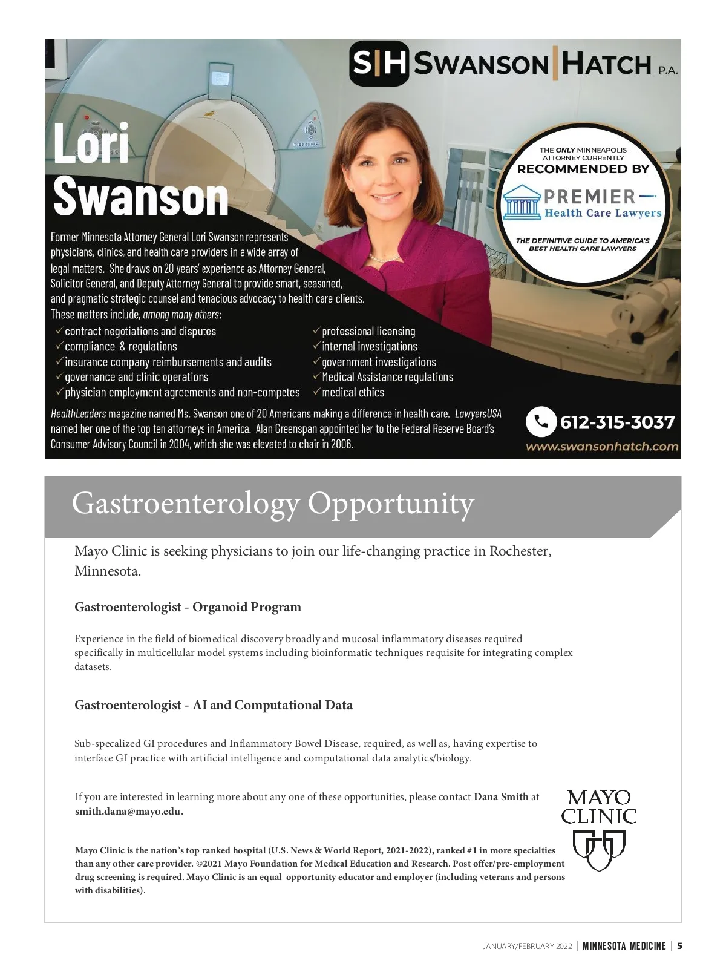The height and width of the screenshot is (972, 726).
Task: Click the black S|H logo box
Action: (379, 64)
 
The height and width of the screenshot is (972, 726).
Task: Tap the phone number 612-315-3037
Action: (617, 422)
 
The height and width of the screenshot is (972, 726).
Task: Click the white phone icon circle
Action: (541, 421)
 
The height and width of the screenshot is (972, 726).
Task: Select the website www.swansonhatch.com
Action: (602, 447)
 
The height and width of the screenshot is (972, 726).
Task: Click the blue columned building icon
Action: (522, 204)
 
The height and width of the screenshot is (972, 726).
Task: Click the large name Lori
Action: (91, 144)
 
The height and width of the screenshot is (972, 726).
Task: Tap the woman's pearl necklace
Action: (383, 258)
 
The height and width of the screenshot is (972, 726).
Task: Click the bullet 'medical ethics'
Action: (353, 392)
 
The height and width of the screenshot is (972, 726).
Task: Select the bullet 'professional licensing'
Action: (368, 331)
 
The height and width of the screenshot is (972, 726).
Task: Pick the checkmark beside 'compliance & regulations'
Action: (59, 346)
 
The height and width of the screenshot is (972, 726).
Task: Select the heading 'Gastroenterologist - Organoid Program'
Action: (188, 607)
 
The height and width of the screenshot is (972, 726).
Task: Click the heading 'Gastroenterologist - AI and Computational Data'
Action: (214, 705)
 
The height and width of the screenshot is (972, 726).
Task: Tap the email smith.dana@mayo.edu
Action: (129, 811)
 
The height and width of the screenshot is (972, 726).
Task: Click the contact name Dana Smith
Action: (501, 796)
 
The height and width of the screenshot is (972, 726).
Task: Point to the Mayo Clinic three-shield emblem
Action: (598, 850)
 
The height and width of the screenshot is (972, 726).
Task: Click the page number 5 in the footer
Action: (680, 946)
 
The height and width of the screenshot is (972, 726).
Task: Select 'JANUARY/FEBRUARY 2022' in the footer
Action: (527, 947)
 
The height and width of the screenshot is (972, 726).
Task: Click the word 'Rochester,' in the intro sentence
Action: (520, 551)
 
